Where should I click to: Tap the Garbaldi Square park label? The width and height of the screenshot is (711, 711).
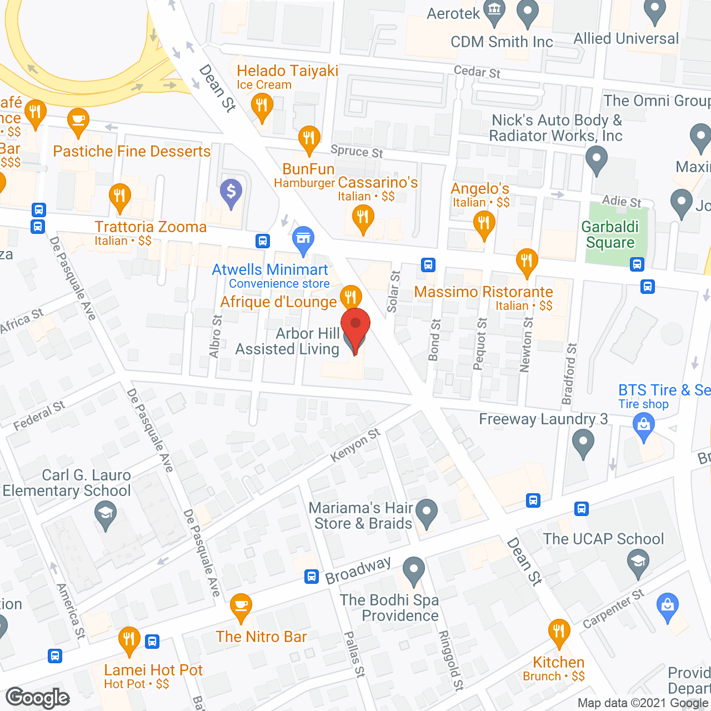pyautogui.click(x=610, y=235)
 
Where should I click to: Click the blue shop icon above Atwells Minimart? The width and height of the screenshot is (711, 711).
pyautogui.click(x=303, y=239)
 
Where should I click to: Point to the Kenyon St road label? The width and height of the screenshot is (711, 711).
pyautogui.click(x=355, y=445)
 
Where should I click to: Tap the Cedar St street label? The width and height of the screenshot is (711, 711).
pyautogui.click(x=477, y=72)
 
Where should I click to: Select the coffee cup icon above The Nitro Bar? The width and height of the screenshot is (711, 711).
pyautogui.click(x=241, y=605)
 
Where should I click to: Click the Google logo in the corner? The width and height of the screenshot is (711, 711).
pyautogui.click(x=38, y=698)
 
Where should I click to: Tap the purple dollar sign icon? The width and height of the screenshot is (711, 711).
pyautogui.click(x=231, y=193)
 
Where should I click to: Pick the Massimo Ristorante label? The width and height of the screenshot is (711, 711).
pyautogui.click(x=483, y=292)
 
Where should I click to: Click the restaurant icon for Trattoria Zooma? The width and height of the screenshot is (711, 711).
pyautogui.click(x=120, y=197)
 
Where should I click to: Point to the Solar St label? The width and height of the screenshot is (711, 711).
pyautogui.click(x=393, y=292)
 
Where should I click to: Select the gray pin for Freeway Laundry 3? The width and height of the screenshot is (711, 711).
pyautogui.click(x=583, y=444)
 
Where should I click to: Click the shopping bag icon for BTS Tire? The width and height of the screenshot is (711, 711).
pyautogui.click(x=644, y=427)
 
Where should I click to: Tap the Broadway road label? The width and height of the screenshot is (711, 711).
pyautogui.click(x=358, y=570)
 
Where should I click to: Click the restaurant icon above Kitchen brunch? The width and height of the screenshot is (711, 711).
pyautogui.click(x=559, y=632)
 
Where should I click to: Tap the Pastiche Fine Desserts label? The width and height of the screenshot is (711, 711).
pyautogui.click(x=132, y=152)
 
